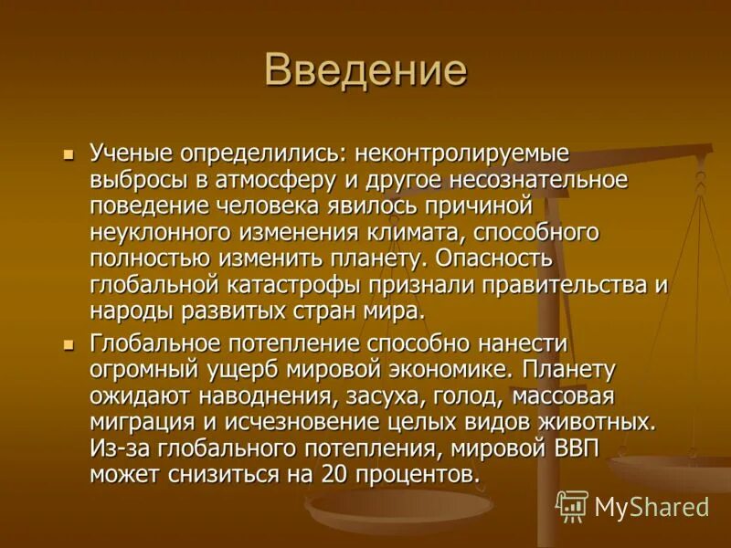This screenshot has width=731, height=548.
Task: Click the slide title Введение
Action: tap(365, 70)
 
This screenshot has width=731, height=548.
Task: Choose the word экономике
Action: tap(438, 370)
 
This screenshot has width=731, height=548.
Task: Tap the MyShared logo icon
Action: tap(572, 505)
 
